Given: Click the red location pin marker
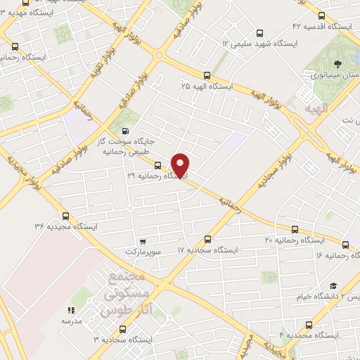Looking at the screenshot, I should click(x=181, y=165).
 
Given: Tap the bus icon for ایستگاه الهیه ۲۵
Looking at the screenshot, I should click(x=207, y=75).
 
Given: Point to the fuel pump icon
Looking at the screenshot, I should click(x=125, y=130).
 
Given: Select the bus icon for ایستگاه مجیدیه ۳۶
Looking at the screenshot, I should click(x=65, y=216).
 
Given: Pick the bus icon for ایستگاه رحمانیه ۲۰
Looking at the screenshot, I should click(x=295, y=229).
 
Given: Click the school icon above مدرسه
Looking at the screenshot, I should click(x=70, y=310).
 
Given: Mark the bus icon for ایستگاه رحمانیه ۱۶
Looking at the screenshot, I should click(x=345, y=245).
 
